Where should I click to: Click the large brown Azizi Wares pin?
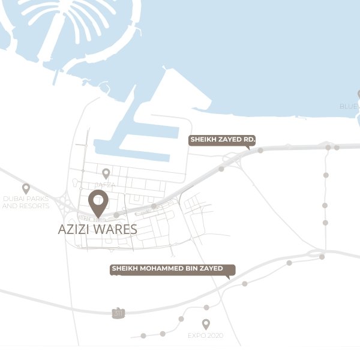click(97, 202)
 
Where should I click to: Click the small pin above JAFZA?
click(106, 173)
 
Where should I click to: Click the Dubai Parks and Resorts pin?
click(26, 188)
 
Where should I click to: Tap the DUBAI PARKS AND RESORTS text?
click(26, 202)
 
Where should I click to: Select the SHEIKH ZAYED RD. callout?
click(222, 140)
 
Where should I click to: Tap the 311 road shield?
click(118, 313)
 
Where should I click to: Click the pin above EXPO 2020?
click(206, 324)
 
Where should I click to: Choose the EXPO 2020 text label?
click(206, 335)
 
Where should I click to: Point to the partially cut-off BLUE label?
click(349, 106)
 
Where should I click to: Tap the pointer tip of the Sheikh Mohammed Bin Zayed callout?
click(227, 278)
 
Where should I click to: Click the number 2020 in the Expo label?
click(214, 335)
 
